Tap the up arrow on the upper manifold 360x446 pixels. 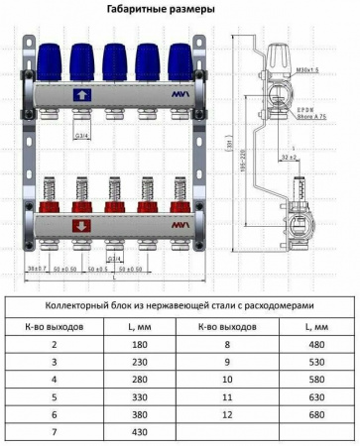pos(82,95)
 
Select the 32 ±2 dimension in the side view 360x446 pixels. pos(290,157)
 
